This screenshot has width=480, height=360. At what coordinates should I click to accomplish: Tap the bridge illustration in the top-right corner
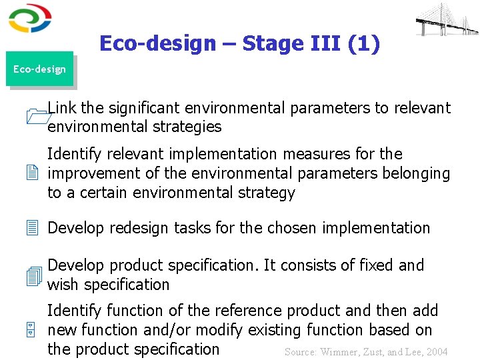tap(446, 19)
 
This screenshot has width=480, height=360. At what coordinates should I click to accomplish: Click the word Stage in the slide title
tap(272, 44)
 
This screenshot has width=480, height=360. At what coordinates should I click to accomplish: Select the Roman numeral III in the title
tap(328, 44)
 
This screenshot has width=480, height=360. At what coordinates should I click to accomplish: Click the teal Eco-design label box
tap(39, 69)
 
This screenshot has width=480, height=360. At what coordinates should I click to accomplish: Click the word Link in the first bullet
tap(61, 108)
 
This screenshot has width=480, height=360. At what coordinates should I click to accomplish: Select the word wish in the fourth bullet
tap(63, 285)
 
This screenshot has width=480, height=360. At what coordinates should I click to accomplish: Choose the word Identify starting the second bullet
tap(74, 155)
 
